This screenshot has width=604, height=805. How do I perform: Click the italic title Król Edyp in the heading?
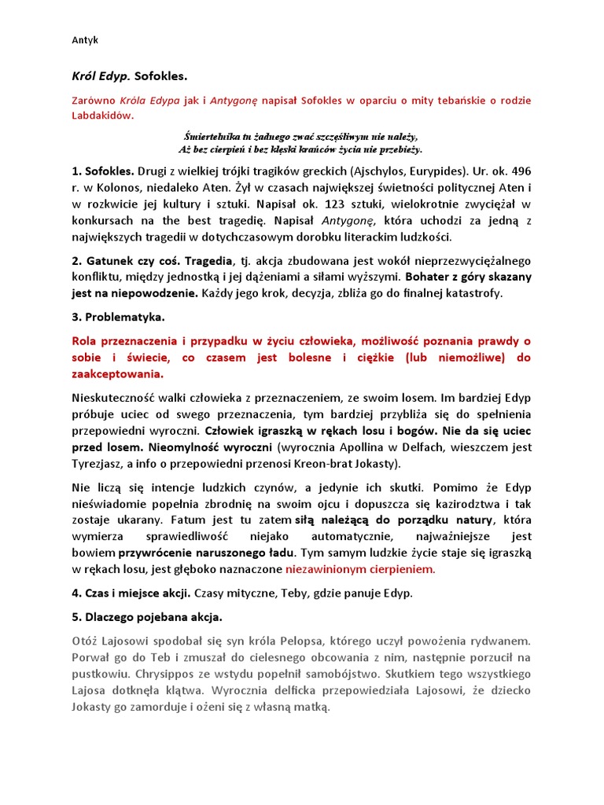pyautogui.click(x=101, y=77)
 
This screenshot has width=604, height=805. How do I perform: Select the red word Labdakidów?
pyautogui.click(x=103, y=116)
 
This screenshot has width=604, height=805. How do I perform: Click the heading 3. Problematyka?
pyautogui.click(x=119, y=317)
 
